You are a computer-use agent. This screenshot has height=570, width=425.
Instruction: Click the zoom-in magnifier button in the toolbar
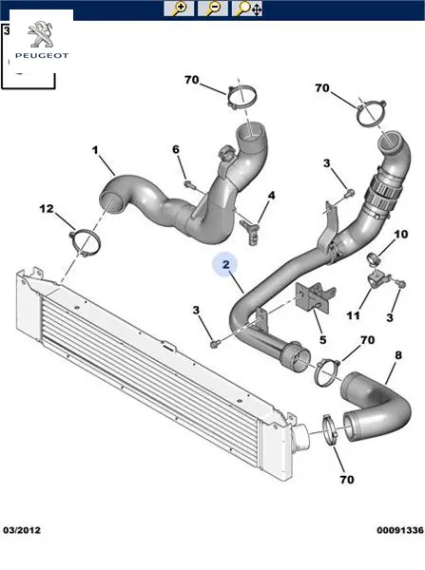pos(179,9)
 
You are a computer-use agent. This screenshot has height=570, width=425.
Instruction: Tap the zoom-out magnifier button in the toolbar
pos(213,9)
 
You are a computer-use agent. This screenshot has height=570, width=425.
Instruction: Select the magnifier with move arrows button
pos(247,9)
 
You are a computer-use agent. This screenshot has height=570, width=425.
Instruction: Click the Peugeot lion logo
pos(41,35)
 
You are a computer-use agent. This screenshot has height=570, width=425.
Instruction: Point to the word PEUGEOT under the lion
pos(42,56)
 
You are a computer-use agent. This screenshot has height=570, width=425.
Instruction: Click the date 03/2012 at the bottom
pos(22,530)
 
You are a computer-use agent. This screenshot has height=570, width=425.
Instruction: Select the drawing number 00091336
pos(400,530)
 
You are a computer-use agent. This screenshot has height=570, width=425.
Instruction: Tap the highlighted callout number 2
pos(225,264)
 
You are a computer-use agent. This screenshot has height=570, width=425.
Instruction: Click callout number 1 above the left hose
pos(95,150)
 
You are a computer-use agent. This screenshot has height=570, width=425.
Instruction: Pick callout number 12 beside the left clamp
pos(47,209)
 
